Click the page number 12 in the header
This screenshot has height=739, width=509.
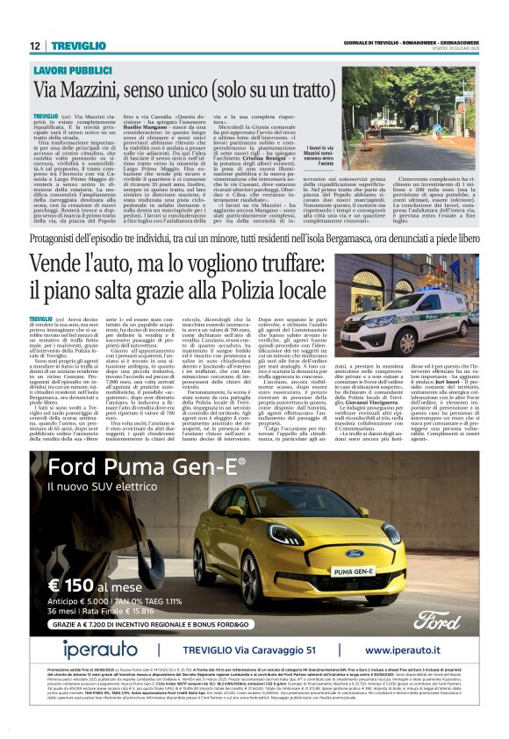(x=35, y=46)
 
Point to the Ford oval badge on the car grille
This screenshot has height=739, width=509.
(x=355, y=554)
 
